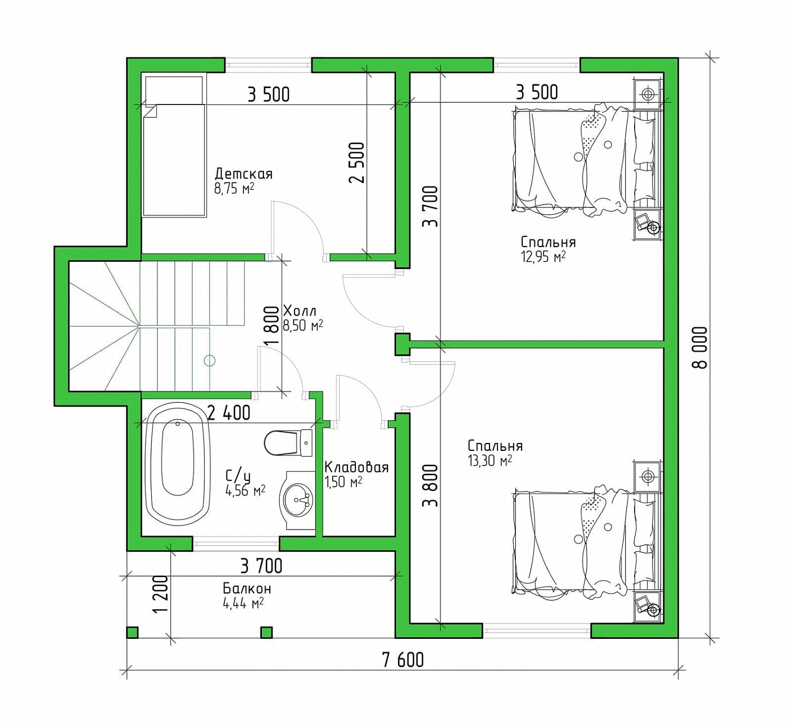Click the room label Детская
coord(243,174)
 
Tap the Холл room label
coord(300,311)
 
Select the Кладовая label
coord(356,467)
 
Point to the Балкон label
coord(247,589)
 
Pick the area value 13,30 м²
coord(489,461)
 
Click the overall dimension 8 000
coord(700,347)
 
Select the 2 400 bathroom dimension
coord(229,413)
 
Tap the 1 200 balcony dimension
coord(161,593)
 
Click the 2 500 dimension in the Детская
coord(356,162)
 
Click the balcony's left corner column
coord(132,632)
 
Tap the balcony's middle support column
coord(267,632)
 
